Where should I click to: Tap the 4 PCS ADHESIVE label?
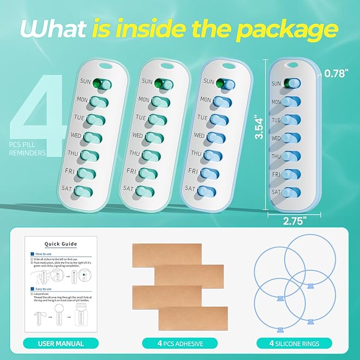click(180, 344)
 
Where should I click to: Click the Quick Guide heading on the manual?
click(60, 244)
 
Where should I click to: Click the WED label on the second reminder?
click(137, 136)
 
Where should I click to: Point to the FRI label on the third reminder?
click(193, 171)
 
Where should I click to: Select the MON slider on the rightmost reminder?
click(291, 102)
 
